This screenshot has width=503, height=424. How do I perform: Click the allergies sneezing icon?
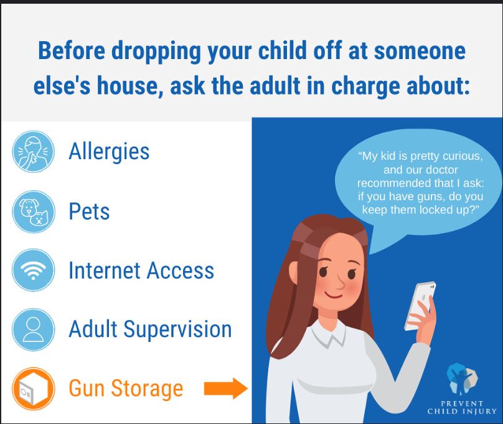[33, 152]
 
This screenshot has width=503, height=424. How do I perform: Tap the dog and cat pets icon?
[34, 212]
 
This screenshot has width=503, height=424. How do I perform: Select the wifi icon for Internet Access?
[34, 270]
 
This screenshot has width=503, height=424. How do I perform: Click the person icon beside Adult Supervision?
[34, 330]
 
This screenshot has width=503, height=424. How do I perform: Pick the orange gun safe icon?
[34, 389]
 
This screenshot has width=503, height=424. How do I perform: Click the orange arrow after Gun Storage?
[226, 389]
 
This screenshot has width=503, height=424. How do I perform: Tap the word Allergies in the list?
[109, 151]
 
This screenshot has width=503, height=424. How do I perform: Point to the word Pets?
[89, 211]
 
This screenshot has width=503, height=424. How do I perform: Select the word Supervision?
[177, 329]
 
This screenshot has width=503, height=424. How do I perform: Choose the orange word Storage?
[147, 389]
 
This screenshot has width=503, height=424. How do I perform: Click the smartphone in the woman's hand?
[420, 306]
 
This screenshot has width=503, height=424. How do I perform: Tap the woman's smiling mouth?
[332, 294]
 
